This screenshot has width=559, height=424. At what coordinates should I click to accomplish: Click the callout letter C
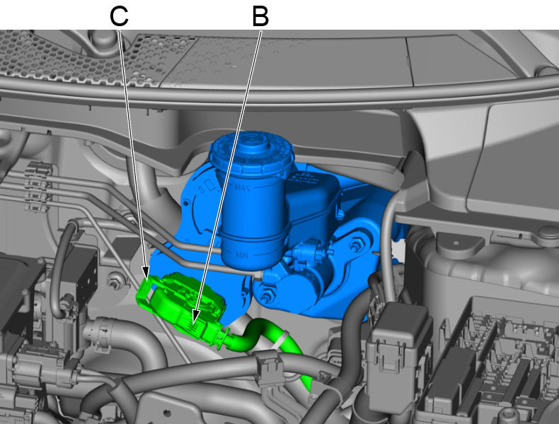(119, 16)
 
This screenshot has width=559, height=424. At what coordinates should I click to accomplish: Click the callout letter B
(260, 17)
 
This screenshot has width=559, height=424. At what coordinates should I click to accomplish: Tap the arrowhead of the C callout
(146, 273)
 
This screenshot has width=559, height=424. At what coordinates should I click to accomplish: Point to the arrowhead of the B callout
(195, 317)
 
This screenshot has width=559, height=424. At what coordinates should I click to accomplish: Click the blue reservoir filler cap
(252, 149)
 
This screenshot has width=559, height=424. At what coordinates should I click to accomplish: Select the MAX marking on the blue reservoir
(243, 187)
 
